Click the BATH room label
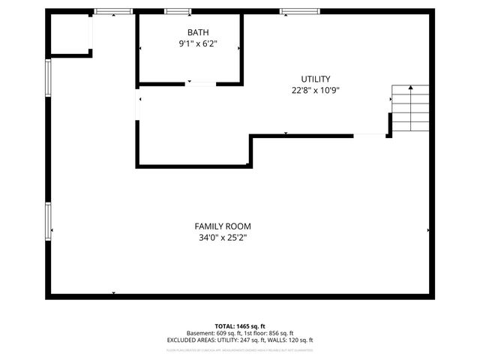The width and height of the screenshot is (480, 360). click(199, 32)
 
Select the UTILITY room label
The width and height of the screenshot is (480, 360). click(316, 79)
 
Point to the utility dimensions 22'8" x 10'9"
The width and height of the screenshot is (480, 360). click(316, 91)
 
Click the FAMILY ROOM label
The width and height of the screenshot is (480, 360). click(223, 226)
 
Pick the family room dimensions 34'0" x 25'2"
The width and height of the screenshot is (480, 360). click(223, 238)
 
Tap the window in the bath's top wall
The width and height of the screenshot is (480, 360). click(178, 11)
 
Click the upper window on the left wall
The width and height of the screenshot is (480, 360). click(49, 79)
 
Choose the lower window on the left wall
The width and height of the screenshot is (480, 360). click(49, 221)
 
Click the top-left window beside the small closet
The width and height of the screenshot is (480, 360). click(113, 11)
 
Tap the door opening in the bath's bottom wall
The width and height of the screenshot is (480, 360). click(200, 82)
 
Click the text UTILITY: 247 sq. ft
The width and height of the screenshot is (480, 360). click(243, 340)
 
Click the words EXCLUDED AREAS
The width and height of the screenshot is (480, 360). click(190, 340)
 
